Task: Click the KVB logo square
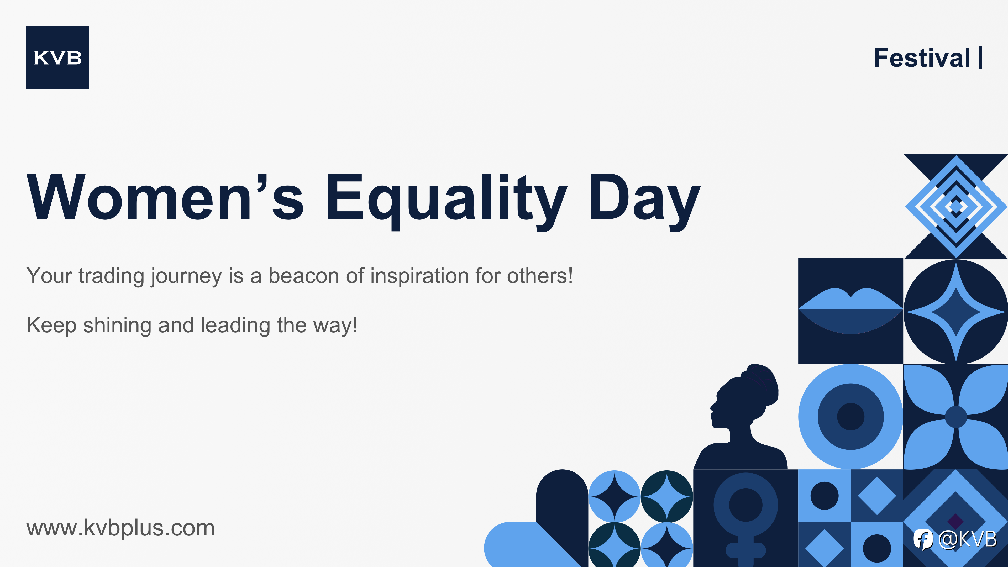(57, 57)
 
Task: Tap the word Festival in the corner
(922, 58)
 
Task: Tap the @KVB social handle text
(967, 539)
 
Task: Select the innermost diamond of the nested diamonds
(956, 206)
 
